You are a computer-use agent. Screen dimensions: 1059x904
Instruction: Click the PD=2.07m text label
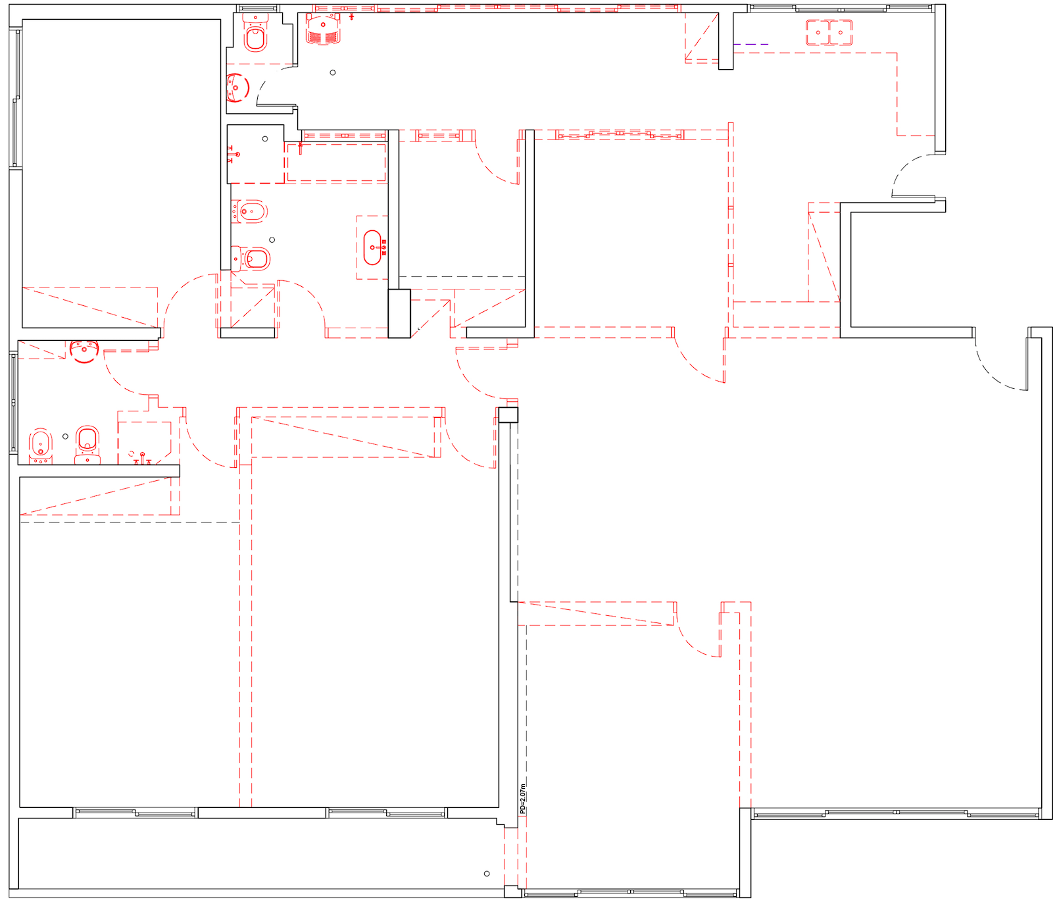(x=523, y=799)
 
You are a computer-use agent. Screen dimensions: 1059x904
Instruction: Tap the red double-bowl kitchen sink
(x=829, y=32)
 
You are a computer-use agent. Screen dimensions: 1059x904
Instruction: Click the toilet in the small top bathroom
(x=255, y=33)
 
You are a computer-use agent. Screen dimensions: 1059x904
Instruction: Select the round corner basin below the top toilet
(x=237, y=88)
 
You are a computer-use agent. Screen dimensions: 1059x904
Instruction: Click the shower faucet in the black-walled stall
(x=232, y=155)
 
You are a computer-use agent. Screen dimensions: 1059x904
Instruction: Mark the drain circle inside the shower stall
(x=265, y=139)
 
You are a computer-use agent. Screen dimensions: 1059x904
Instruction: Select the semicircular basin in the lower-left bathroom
(x=84, y=351)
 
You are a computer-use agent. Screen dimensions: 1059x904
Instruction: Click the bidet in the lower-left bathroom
(x=41, y=445)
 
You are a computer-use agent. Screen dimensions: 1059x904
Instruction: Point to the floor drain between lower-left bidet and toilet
(x=65, y=436)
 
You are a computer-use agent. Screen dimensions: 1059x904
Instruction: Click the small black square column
(x=508, y=414)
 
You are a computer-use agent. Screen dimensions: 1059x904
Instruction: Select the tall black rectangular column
(x=399, y=314)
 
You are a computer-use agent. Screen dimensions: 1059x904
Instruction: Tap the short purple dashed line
(x=751, y=44)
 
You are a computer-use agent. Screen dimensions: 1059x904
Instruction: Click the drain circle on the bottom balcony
(x=487, y=874)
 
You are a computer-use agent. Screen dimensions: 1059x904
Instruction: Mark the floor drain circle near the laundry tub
(x=333, y=72)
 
